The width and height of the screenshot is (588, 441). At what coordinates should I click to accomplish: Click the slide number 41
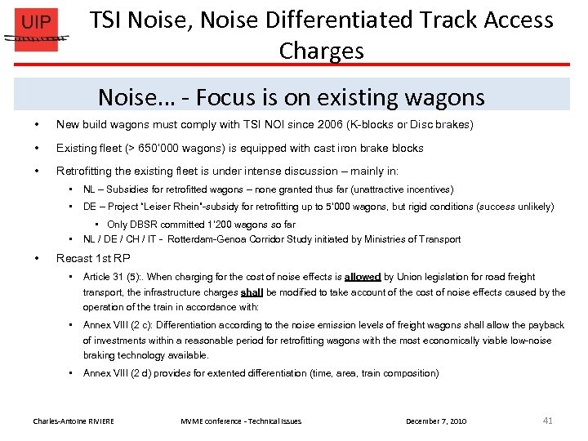[547, 421]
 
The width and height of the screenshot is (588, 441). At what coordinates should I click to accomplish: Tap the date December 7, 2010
[436, 421]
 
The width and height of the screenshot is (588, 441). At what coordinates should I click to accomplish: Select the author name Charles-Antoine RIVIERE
[73, 421]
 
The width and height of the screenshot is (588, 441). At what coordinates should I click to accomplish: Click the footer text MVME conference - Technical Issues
[241, 421]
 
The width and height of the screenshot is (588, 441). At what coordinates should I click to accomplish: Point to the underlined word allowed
[363, 277]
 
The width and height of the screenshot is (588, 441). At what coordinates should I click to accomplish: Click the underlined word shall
[252, 292]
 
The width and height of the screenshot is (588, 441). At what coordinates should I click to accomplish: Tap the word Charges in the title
[321, 51]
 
